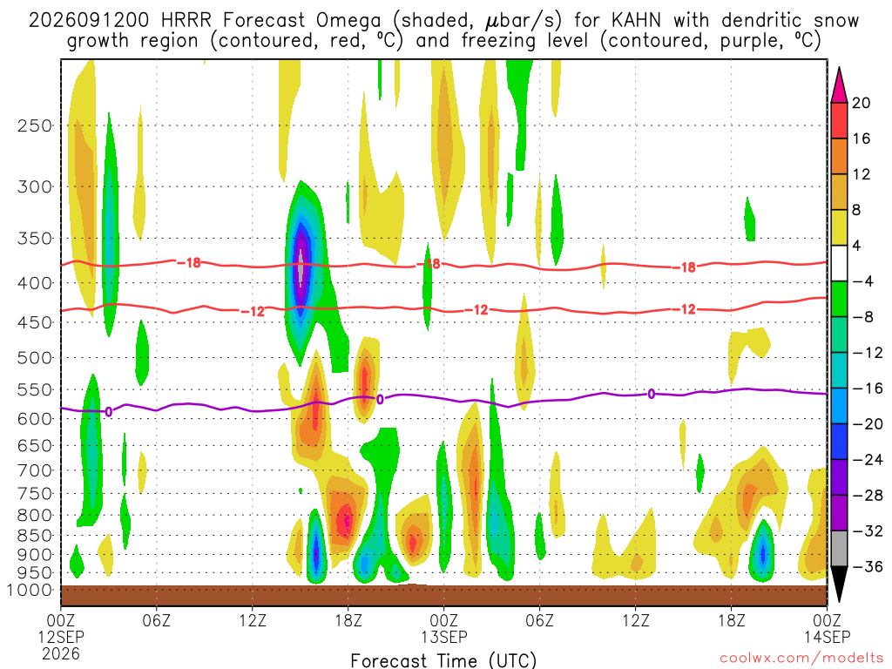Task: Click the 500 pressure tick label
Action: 34,358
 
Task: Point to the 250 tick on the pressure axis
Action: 34,125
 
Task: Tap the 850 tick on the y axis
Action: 34,536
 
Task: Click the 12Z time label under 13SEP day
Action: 635,619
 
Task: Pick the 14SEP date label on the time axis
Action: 828,637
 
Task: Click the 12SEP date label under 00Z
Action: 61,637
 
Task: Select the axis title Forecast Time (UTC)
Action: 443,660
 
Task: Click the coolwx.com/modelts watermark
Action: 801,659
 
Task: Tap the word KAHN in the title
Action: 636,21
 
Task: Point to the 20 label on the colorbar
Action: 862,103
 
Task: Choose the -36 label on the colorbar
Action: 867,566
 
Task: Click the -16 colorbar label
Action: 867,389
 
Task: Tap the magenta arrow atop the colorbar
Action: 839,84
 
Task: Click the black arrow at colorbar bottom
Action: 839,585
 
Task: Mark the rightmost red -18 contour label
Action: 687,267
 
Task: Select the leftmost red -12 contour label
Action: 253,311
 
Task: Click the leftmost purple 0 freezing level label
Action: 108,411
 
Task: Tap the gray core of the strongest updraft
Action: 301,267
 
